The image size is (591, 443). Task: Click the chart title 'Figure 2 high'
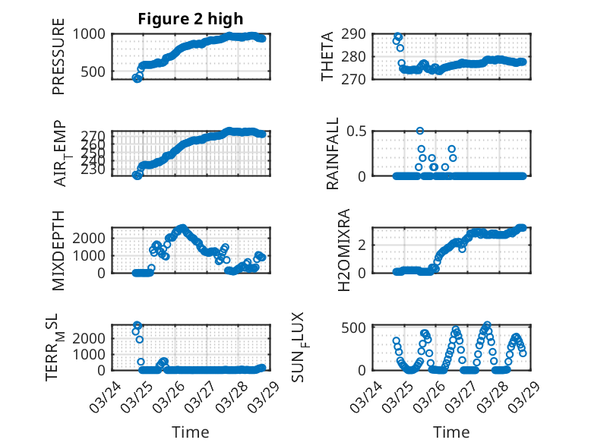191,19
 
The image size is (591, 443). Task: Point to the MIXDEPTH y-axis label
59,251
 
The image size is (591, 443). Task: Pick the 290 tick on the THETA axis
359,33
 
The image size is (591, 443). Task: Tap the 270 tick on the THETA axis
359,79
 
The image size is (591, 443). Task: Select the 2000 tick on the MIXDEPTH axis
92,238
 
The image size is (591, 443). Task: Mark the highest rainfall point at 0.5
420,131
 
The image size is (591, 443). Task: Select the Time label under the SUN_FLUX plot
451,432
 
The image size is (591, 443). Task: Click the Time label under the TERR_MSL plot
190,432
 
